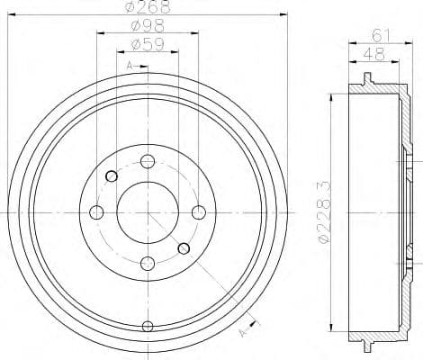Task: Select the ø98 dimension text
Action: [x=146, y=27]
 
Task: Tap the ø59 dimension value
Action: [x=146, y=44]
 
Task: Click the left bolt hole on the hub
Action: [x=96, y=211]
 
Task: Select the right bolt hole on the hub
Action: [x=199, y=211]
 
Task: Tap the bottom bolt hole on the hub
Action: [x=148, y=263]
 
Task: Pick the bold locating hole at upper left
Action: [x=112, y=175]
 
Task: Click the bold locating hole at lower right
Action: [x=184, y=247]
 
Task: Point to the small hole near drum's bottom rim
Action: [x=148, y=326]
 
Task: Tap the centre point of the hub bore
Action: [x=148, y=211]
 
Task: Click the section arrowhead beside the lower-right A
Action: [x=255, y=323]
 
